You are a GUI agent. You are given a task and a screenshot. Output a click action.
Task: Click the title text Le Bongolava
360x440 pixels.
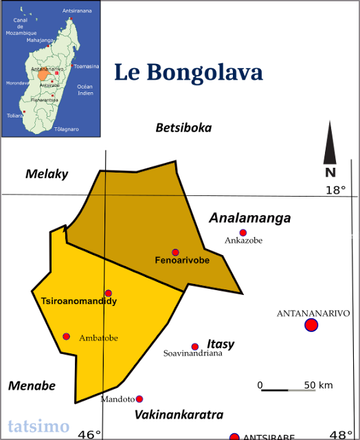188,73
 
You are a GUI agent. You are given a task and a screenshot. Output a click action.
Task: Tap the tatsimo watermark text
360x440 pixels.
38,426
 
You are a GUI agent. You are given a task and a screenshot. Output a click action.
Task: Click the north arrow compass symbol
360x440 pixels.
330,149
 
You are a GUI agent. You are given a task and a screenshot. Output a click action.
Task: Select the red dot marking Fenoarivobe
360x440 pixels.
175,252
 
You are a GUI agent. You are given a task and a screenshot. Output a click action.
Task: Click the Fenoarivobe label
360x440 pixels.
182,261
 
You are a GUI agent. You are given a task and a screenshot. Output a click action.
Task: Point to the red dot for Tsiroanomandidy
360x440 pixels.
108,293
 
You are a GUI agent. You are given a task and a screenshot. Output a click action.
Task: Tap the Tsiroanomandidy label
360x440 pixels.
79,301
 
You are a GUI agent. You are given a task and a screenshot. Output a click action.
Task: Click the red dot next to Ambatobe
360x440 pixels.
66,336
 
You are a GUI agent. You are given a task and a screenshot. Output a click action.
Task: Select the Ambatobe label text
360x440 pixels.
98,338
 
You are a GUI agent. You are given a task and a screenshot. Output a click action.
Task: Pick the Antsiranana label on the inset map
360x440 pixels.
76,12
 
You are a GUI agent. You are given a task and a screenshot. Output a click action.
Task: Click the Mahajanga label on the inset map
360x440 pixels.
40,40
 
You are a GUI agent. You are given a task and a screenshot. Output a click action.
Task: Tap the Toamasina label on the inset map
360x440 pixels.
86,66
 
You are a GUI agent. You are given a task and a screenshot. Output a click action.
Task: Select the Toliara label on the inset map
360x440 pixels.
14,116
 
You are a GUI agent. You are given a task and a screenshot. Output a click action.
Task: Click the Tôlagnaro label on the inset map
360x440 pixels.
67,129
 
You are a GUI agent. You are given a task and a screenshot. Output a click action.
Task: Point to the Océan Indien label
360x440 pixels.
85,89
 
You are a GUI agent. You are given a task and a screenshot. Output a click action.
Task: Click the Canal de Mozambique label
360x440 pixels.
21,26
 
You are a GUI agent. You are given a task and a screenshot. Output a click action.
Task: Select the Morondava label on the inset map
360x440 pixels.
17,82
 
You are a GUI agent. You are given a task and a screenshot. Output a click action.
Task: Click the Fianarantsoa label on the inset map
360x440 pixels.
44,100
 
